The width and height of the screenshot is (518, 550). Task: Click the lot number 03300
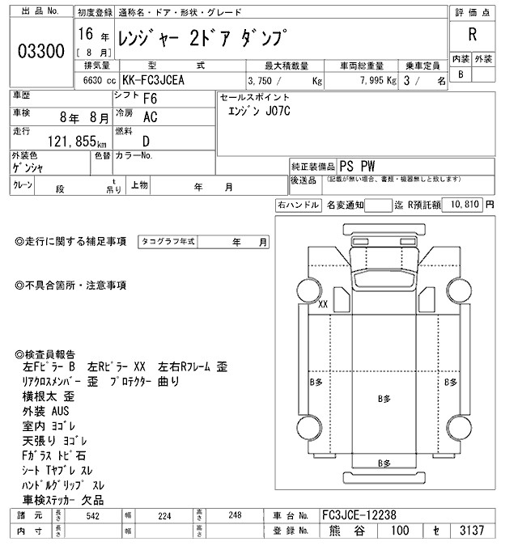tap(40, 51)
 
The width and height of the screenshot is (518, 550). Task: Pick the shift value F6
tap(150, 99)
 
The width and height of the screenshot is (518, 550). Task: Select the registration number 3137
tap(470, 531)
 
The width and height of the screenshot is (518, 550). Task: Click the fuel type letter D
tap(146, 141)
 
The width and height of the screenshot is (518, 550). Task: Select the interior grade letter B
tap(461, 74)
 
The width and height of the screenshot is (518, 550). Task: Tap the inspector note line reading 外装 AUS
tap(47, 411)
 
